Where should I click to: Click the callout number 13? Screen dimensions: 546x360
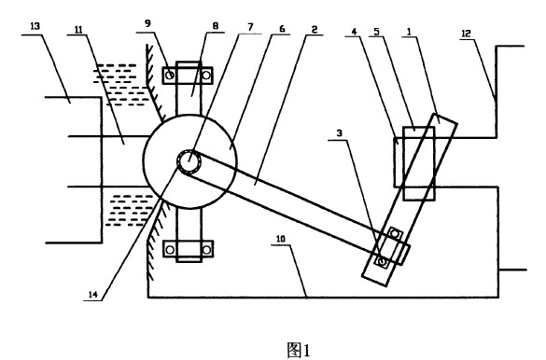pyautogui.click(x=35, y=26)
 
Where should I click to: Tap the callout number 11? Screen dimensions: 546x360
pyautogui.click(x=78, y=30)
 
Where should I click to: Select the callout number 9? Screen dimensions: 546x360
pyautogui.click(x=147, y=23)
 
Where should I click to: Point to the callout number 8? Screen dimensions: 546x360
pyautogui.click(x=215, y=26)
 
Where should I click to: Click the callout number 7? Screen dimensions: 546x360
pyautogui.click(x=250, y=27)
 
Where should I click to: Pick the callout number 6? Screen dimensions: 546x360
pyautogui.click(x=282, y=29)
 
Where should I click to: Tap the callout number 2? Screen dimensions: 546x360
pyautogui.click(x=315, y=29)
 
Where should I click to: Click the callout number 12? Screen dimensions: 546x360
pyautogui.click(x=466, y=34)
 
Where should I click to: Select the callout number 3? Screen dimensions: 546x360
pyautogui.click(x=340, y=132)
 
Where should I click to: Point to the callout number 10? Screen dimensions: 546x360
pyautogui.click(x=281, y=239)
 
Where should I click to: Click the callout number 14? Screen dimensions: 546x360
pyautogui.click(x=92, y=295)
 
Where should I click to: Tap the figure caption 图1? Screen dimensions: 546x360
pyautogui.click(x=299, y=350)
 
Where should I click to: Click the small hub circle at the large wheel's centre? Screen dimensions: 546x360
pyautogui.click(x=189, y=161)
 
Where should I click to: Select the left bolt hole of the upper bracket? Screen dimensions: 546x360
pyautogui.click(x=170, y=75)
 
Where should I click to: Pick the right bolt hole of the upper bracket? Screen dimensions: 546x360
pyautogui.click(x=206, y=75)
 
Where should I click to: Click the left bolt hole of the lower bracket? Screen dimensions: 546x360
pyautogui.click(x=170, y=249)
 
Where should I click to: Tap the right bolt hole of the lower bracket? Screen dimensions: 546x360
pyautogui.click(x=206, y=249)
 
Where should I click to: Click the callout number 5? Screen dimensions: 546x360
pyautogui.click(x=377, y=32)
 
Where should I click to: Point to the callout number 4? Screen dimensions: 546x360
pyautogui.click(x=354, y=32)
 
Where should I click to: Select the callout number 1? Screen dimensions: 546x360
pyautogui.click(x=409, y=32)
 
